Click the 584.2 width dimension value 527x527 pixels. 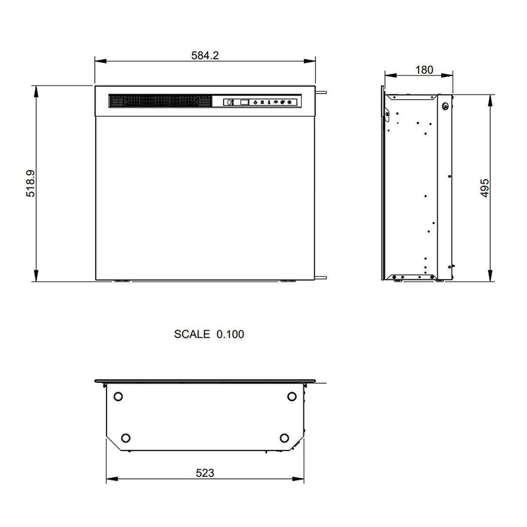click(205, 55)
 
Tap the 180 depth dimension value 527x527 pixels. click(424, 70)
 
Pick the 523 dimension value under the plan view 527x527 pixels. click(205, 473)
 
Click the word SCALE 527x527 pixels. click(192, 334)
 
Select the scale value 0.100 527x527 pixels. click(230, 334)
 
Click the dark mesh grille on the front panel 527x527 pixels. click(160, 101)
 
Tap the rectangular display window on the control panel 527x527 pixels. click(244, 102)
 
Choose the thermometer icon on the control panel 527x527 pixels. click(268, 102)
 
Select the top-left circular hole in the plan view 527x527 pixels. click(118, 396)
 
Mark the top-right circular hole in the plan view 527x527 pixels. click(292, 396)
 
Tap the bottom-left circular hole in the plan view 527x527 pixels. click(126, 438)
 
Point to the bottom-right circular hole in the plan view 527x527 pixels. click(284, 438)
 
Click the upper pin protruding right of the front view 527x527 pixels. click(321, 93)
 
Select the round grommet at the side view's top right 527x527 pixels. click(445, 106)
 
